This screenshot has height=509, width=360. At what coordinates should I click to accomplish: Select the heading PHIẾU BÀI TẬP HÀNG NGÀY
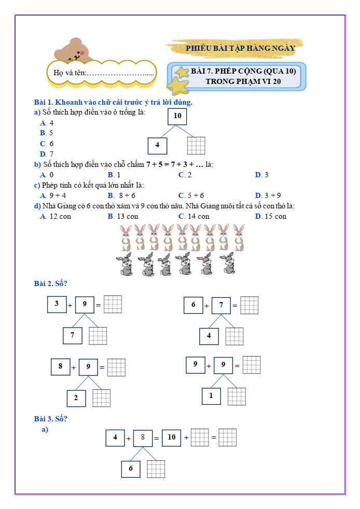pyautogui.click(x=240, y=48)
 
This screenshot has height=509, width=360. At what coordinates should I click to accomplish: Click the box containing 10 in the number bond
pyautogui.click(x=177, y=116)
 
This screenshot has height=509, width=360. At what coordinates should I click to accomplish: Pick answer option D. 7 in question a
pyautogui.click(x=47, y=154)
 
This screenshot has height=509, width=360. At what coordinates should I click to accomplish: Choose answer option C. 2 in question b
pyautogui.click(x=185, y=175)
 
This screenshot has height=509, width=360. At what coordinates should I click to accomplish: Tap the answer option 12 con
pyautogui.click(x=56, y=216)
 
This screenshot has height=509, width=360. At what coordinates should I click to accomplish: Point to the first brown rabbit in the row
pyautogui.click(x=126, y=238)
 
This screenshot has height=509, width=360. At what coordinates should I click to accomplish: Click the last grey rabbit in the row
pyautogui.click(x=228, y=264)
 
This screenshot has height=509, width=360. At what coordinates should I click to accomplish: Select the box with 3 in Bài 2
pyautogui.click(x=57, y=304)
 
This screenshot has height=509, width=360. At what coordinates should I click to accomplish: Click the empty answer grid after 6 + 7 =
pyautogui.click(x=250, y=305)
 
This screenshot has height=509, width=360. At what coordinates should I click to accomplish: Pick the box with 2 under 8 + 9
pyautogui.click(x=76, y=398)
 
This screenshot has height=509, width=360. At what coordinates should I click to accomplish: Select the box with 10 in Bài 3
pyautogui.click(x=172, y=437)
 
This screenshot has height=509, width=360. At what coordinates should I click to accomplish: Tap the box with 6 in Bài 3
pyautogui.click(x=131, y=469)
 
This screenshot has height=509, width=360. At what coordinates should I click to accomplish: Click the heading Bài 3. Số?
pyautogui.click(x=50, y=419)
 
